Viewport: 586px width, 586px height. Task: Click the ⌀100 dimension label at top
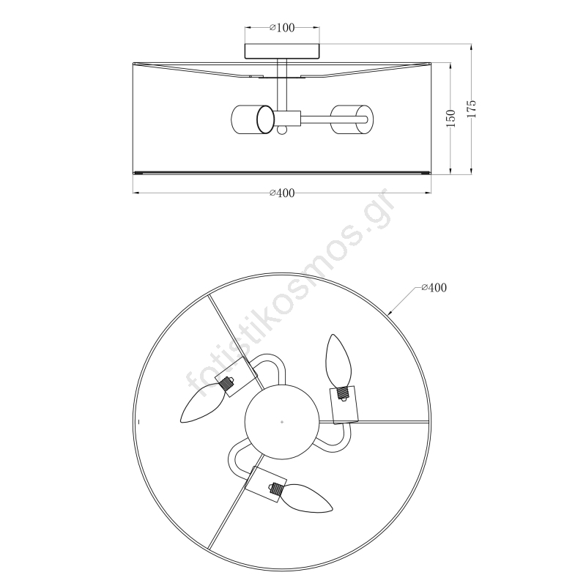point(282,28)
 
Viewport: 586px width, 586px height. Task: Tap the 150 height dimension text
point(451,118)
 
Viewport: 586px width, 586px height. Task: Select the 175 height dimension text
point(472,108)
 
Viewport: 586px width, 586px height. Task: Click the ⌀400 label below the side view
point(282,193)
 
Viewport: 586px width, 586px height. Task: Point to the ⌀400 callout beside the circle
point(434,287)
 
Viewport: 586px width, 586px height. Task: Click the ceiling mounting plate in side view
point(282,51)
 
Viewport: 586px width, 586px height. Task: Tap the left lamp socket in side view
point(253,119)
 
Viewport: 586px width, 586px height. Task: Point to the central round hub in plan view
point(282,422)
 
